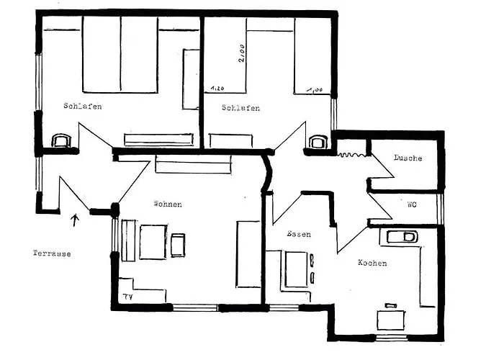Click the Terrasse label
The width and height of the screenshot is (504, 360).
[x=52, y=253]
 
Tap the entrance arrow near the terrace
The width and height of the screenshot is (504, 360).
[x=75, y=220]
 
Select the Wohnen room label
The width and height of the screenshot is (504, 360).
[x=168, y=204]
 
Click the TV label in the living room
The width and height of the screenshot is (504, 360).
[x=128, y=297]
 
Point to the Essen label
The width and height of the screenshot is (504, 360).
[x=299, y=234]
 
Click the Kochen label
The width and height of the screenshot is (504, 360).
[x=372, y=263]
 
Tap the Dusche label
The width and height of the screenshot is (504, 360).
[x=408, y=158]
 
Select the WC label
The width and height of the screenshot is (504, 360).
[x=412, y=204]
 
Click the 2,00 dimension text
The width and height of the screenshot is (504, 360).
[x=241, y=53]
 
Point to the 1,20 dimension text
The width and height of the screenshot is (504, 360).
[x=217, y=88]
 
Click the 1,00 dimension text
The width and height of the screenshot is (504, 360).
[x=315, y=90]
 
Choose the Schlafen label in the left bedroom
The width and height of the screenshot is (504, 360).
[x=83, y=106]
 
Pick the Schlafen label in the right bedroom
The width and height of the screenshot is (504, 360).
[x=240, y=108]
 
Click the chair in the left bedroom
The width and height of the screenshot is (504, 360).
[x=62, y=141]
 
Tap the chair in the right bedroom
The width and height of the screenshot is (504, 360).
[x=318, y=142]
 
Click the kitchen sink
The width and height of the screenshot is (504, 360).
[x=402, y=237]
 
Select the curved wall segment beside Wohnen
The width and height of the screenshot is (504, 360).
[x=267, y=173]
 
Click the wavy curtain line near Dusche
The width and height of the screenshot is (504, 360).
[x=352, y=155]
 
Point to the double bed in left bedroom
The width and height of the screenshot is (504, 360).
[x=120, y=55]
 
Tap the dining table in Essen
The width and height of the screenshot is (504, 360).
[x=297, y=269]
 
